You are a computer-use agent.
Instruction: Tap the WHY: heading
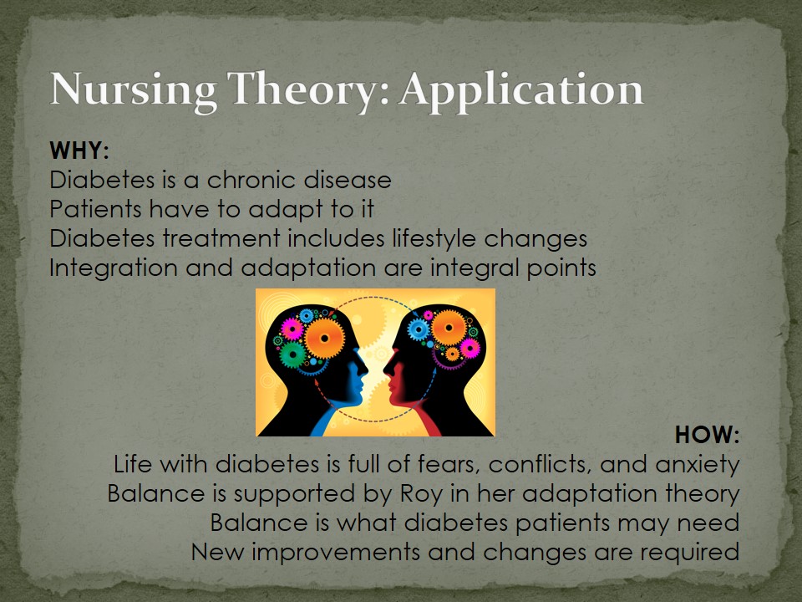coord(79,150)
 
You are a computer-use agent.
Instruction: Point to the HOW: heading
coord(708,435)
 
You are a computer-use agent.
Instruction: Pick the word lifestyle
coord(434,239)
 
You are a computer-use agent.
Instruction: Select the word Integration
coord(114,268)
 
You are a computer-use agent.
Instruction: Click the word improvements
coord(336,553)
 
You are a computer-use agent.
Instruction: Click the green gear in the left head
coord(293,355)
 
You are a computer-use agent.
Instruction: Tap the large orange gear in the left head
coord(324,338)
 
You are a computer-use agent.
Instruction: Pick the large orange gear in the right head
coord(449,328)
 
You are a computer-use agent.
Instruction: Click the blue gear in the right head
coord(419,329)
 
